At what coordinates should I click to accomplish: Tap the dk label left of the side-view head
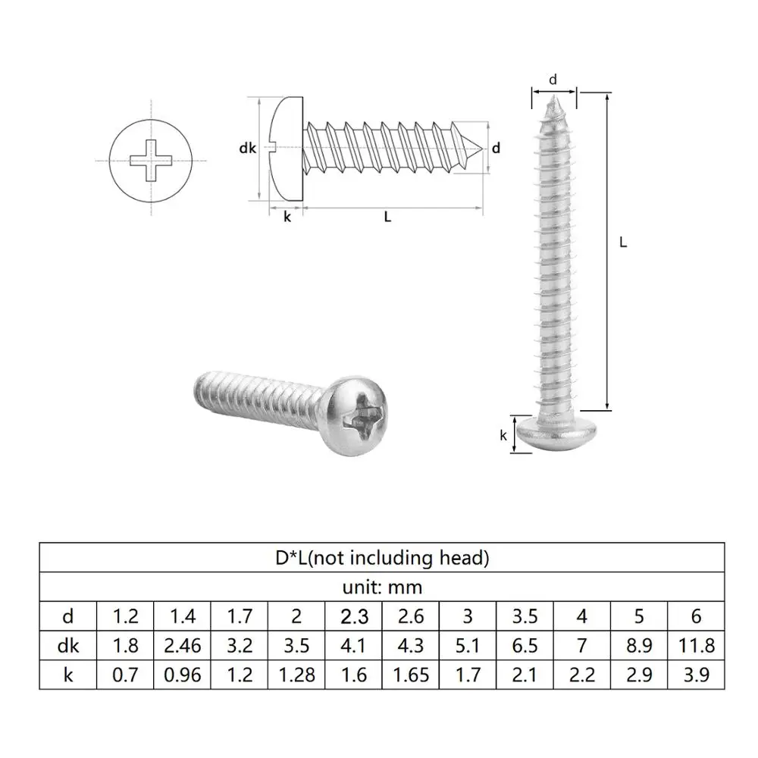click(247, 149)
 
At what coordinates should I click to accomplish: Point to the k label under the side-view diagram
click(287, 217)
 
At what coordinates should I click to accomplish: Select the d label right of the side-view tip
click(496, 149)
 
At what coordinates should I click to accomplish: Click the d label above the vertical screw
click(553, 79)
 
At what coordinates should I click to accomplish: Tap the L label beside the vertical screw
click(623, 243)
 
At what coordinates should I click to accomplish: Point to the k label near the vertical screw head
click(503, 435)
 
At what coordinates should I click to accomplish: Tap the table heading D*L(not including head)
click(382, 559)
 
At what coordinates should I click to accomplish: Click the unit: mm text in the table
click(382, 587)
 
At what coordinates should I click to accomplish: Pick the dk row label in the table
click(67, 645)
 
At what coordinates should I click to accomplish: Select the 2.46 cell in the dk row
click(183, 645)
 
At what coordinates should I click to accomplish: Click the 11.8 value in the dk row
click(697, 645)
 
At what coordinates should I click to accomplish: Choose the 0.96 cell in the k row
click(183, 674)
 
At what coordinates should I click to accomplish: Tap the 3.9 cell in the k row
click(697, 674)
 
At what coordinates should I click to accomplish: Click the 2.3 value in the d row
click(354, 616)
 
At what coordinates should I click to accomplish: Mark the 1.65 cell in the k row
click(412, 674)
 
